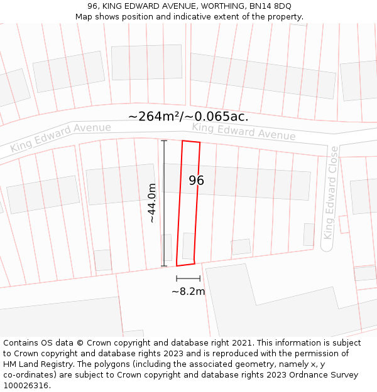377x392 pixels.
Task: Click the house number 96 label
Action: tap(196, 181)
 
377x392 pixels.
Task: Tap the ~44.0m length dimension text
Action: tap(151, 203)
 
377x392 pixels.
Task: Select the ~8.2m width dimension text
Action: tap(188, 291)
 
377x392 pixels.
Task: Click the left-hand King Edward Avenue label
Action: tap(60, 137)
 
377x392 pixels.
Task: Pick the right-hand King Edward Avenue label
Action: tap(244, 131)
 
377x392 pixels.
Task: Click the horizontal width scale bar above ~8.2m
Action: tap(188, 278)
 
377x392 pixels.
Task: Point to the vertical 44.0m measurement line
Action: tap(164, 203)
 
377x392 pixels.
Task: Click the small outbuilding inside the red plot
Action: tap(188, 245)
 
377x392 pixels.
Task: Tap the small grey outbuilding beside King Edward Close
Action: tap(309, 234)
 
